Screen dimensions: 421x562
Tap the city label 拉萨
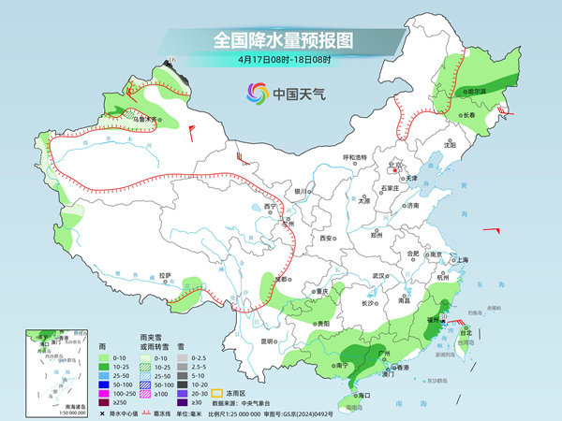tap(165, 276)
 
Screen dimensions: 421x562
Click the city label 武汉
tap(379, 276)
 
